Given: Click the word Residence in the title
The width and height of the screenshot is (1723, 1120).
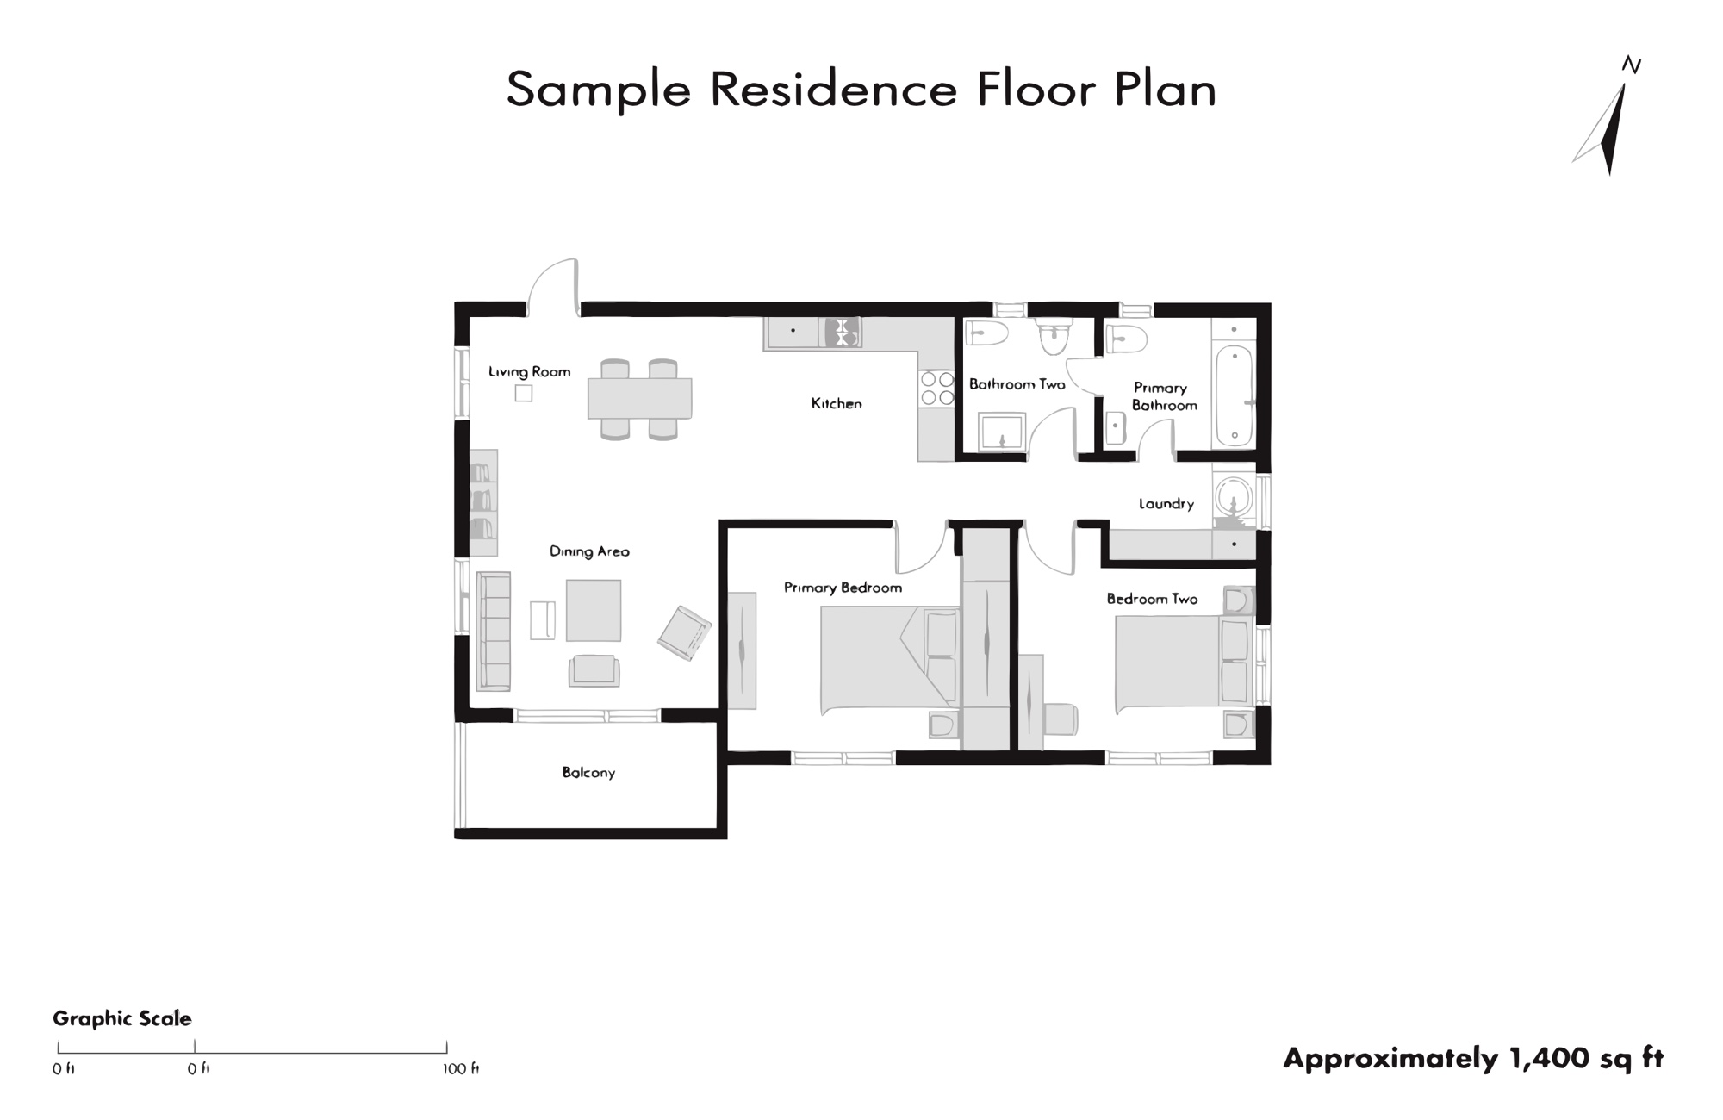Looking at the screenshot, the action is coord(833,89).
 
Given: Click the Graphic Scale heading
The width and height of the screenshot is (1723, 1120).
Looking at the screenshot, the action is coord(122,1018).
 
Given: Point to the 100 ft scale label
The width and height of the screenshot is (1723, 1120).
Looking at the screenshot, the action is coord(461,1069).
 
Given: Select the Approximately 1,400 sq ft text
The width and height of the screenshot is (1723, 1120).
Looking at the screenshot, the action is coord(1473,1058).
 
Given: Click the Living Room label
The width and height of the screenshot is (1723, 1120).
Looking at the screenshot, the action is coord(529,371).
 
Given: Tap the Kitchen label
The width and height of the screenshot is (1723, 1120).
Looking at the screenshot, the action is coord(837,403).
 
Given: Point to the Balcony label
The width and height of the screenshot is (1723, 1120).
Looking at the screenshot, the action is coord(588,773).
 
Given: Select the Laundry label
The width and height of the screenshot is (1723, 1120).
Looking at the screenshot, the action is coord(1166,504).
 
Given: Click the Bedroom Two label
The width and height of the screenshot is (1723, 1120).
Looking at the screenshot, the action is coord(1152,599).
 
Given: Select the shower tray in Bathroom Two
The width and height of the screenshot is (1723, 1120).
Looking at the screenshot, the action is coord(1002,432).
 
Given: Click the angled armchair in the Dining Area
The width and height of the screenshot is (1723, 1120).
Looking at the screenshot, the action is coord(685,633).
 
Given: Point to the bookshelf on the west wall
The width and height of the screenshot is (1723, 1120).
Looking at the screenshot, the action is coord(483,502).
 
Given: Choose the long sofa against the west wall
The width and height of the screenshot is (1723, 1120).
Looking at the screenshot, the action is coord(494,632).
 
